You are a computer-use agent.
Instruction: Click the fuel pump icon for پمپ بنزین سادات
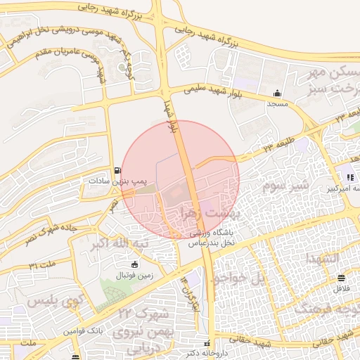[x=117, y=170]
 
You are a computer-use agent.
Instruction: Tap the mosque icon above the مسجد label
[x=278, y=93]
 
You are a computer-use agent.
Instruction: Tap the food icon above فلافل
[x=341, y=278]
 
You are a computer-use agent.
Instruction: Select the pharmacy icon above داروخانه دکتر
[x=206, y=344]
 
